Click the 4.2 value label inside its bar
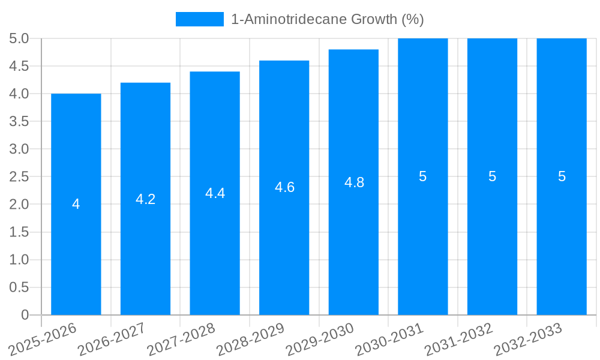pos(145,199)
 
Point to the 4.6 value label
pos(284,187)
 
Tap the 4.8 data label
pos(354,182)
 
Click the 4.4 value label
pos(215,193)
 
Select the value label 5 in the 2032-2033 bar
pos(562,176)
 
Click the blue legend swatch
pos(199,19)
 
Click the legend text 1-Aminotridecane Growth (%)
pos(327,19)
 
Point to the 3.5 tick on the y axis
pos(19,121)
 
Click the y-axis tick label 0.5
pos(19,287)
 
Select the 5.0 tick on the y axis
pos(19,38)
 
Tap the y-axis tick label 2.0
pos(19,204)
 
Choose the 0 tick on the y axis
pos(25,315)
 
